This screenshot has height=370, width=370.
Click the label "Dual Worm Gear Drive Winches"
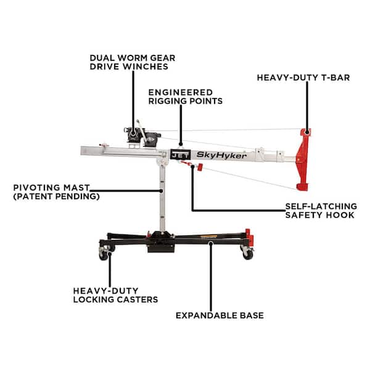[133, 62]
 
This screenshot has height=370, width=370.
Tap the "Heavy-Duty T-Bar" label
[303, 78]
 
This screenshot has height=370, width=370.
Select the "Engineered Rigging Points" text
[186, 97]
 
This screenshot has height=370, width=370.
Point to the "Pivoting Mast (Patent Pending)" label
[56, 192]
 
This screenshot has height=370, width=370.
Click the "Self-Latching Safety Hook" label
[321, 210]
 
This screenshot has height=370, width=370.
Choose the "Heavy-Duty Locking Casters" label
[115, 295]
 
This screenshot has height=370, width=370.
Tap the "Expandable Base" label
[220, 316]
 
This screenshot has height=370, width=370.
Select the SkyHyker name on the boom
[221, 155]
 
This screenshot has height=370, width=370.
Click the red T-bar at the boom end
[303, 160]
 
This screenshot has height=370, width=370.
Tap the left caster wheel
[103, 255]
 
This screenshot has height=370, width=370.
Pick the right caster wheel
[247, 254]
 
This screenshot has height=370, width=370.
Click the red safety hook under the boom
[200, 167]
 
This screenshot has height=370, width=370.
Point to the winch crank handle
[142, 132]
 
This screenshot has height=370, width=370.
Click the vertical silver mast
[162, 198]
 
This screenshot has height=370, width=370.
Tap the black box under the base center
[161, 248]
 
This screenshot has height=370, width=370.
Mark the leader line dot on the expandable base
[211, 242]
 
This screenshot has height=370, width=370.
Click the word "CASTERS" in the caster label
[138, 300]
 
